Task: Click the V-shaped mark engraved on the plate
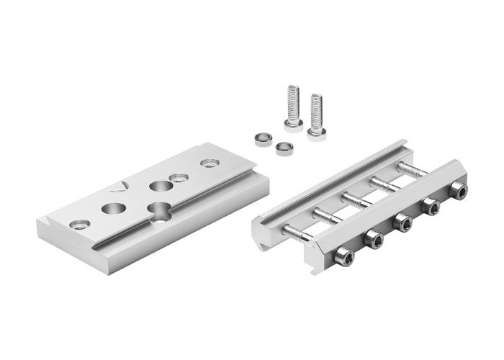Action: [120, 187]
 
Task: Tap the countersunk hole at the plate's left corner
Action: [80, 225]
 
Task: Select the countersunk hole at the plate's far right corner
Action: [210, 163]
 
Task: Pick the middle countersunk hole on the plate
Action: [179, 177]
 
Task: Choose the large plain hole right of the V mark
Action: [161, 186]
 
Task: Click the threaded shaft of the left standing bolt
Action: [293, 102]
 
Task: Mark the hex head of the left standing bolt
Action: [293, 124]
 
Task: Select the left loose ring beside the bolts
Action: [263, 139]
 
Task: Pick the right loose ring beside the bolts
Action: [284, 148]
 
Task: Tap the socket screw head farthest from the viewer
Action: [459, 190]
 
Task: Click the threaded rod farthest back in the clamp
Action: [411, 169]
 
